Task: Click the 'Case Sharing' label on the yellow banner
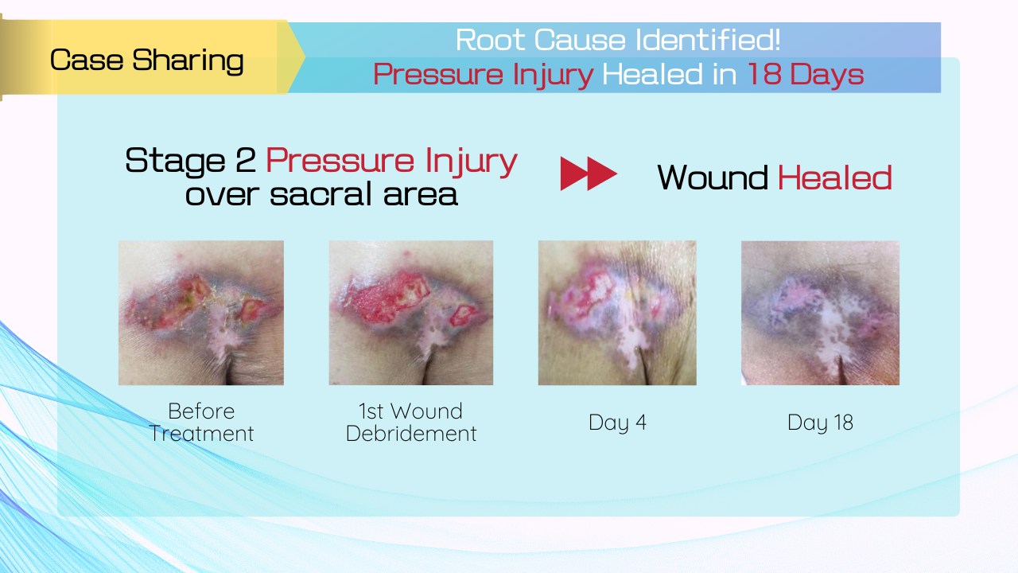click(x=147, y=60)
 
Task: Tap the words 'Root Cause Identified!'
click(x=618, y=40)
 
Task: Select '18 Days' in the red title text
click(x=806, y=74)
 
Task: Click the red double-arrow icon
click(x=589, y=173)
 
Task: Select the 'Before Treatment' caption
click(x=201, y=422)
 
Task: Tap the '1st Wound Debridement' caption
click(x=411, y=422)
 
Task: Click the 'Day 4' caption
click(x=617, y=423)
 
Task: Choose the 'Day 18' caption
click(x=820, y=423)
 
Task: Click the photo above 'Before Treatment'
click(x=201, y=313)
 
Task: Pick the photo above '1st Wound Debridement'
click(x=411, y=313)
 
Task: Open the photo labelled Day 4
click(x=617, y=313)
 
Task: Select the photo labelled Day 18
click(x=820, y=313)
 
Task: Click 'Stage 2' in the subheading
click(x=190, y=161)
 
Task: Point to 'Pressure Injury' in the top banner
click(x=484, y=74)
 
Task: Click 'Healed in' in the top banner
click(x=670, y=74)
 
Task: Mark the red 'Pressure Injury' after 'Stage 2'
click(x=391, y=162)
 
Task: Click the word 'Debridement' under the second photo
click(x=411, y=434)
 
